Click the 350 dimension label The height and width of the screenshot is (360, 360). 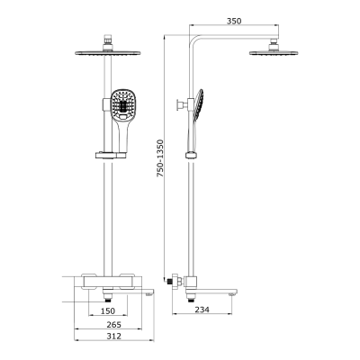click(234, 21)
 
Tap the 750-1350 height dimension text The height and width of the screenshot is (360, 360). click(161, 158)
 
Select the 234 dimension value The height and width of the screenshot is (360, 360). click(202, 310)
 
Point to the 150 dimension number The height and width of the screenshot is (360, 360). click(108, 310)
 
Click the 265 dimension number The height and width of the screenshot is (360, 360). click(113, 324)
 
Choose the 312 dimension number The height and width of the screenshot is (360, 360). click(113, 336)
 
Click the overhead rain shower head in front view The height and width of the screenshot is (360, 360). click(108, 53)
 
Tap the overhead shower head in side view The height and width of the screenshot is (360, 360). click(274, 53)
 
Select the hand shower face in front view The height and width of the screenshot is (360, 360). click(121, 105)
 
